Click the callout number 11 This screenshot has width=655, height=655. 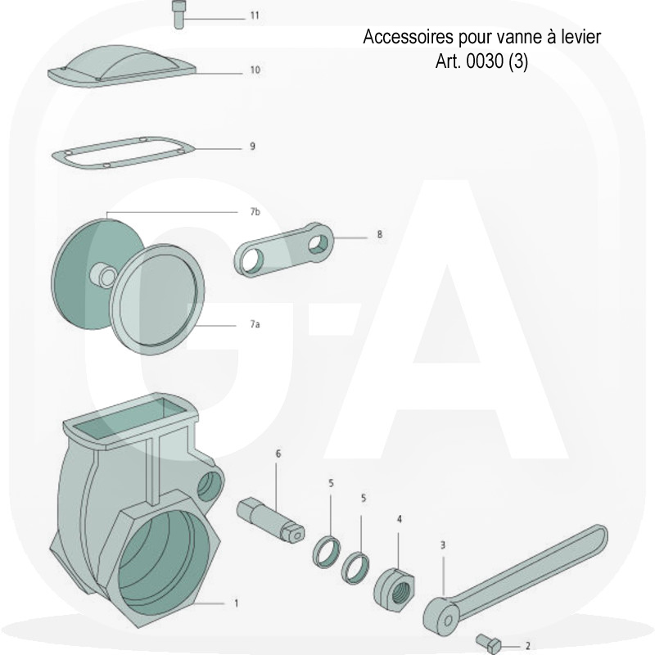click(x=255, y=16)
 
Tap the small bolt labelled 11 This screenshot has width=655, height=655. click(x=178, y=15)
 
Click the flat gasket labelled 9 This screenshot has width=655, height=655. click(x=123, y=153)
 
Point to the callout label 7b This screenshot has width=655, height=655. click(x=255, y=212)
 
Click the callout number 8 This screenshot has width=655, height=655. click(x=379, y=234)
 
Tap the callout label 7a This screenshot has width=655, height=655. click(x=255, y=323)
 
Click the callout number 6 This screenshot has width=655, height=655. click(x=278, y=454)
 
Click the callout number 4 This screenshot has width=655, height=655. click(x=400, y=519)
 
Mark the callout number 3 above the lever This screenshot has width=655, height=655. click(x=443, y=545)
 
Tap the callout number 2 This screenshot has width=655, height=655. click(x=527, y=646)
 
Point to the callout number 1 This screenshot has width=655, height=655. click(x=236, y=603)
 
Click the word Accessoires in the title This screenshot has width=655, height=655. click(x=408, y=37)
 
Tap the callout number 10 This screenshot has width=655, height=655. click(x=255, y=70)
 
